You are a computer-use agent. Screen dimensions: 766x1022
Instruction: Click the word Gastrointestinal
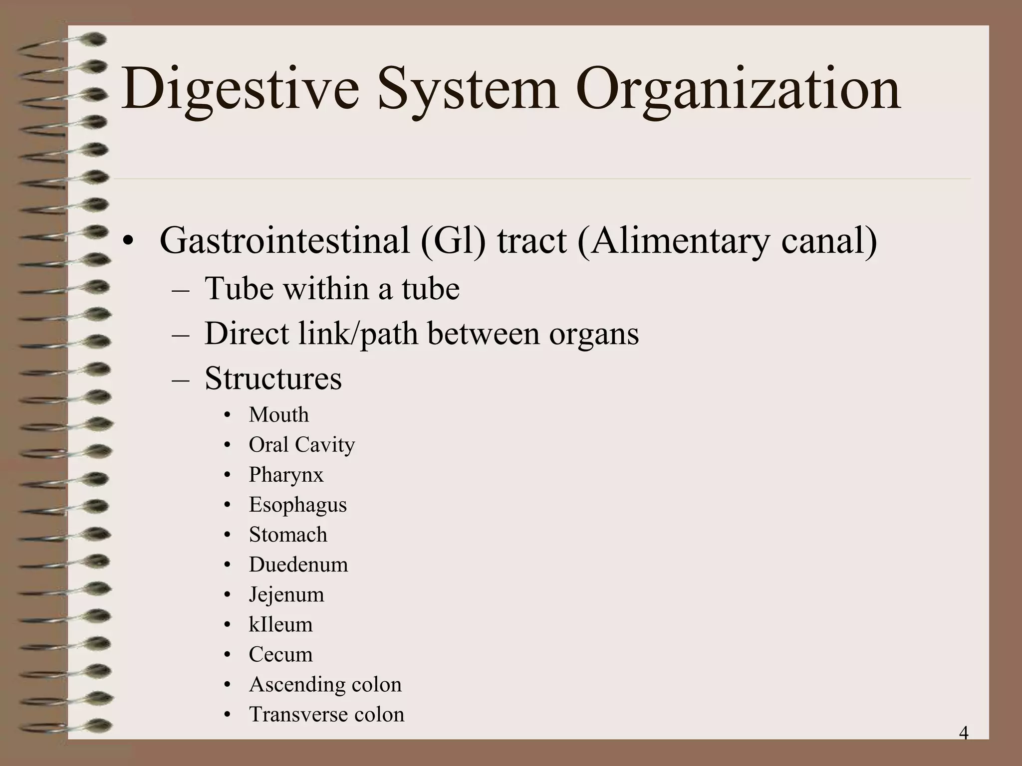click(x=285, y=241)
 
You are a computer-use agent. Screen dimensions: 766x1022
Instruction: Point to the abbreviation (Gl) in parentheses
click(x=453, y=241)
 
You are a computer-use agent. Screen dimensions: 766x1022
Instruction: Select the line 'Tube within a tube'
click(x=332, y=289)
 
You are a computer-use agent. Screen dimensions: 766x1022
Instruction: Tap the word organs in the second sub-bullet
click(x=594, y=334)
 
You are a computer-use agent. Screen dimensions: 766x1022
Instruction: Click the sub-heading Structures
click(x=273, y=379)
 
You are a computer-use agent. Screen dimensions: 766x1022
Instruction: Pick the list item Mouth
click(x=278, y=415)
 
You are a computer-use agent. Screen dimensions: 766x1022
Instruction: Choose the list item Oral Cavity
click(x=301, y=445)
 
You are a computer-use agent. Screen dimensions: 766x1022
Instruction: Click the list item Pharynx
click(x=286, y=475)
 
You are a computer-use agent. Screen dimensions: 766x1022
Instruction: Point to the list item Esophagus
click(x=297, y=505)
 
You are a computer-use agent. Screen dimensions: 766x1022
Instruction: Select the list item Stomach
click(x=288, y=535)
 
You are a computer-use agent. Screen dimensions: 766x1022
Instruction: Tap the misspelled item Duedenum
click(x=298, y=565)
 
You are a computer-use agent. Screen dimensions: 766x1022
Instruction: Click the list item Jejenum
click(x=286, y=594)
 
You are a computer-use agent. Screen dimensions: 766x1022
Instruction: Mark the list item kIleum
click(x=280, y=624)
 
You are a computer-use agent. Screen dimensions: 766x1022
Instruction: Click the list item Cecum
click(x=280, y=654)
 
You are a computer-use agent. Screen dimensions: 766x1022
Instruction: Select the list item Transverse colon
click(x=326, y=714)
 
